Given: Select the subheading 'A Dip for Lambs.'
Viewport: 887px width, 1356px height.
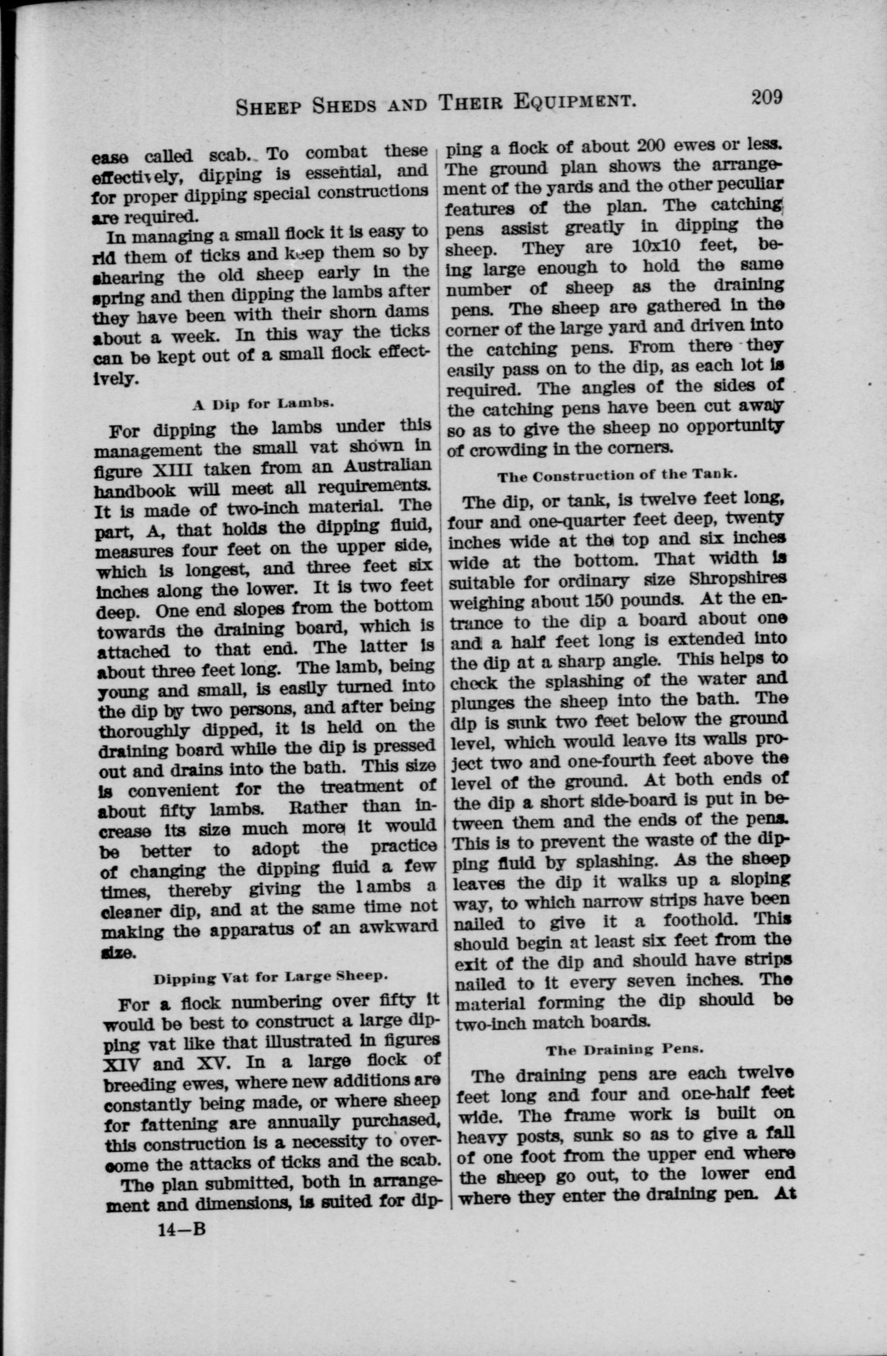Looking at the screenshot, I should click(262, 404).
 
